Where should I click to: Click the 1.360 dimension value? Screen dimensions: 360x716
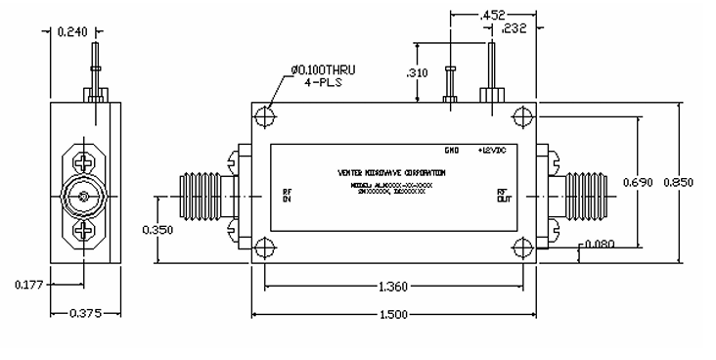pos(387,286)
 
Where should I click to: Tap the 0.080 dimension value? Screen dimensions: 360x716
pos(614,245)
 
